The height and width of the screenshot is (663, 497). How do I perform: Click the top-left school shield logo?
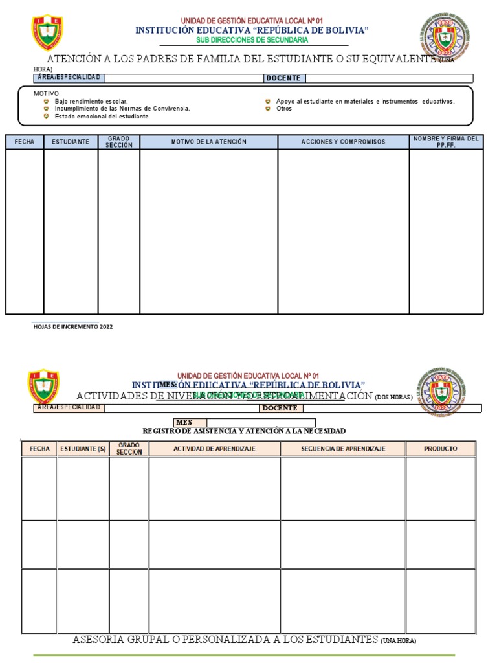(47, 32)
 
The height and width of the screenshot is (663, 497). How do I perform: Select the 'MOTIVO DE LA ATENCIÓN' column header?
(208, 142)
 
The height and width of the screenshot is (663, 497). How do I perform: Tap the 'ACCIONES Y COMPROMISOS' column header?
(343, 142)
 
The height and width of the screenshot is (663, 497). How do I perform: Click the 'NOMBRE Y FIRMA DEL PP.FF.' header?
(446, 142)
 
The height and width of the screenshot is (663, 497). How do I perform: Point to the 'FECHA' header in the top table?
(25, 142)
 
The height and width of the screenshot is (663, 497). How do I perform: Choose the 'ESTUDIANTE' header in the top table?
(71, 142)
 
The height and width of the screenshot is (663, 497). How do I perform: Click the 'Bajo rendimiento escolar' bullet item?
(91, 102)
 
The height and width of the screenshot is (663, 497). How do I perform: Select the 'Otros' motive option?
(283, 109)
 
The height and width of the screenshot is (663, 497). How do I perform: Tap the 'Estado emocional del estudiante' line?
(102, 117)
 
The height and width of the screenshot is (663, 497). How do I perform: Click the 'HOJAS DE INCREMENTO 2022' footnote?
(73, 327)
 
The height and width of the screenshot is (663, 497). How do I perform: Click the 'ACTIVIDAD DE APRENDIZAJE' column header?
(214, 449)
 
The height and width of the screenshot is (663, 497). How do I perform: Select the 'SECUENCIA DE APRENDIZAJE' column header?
(343, 449)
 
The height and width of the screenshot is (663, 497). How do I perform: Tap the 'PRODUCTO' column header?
(440, 449)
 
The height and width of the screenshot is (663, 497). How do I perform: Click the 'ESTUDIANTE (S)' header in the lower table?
(83, 449)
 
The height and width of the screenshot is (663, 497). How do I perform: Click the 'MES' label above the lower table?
(184, 422)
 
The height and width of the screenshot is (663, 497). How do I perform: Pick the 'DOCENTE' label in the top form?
(283, 78)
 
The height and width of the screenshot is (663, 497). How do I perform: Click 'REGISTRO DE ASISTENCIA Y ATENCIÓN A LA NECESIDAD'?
(243, 431)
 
